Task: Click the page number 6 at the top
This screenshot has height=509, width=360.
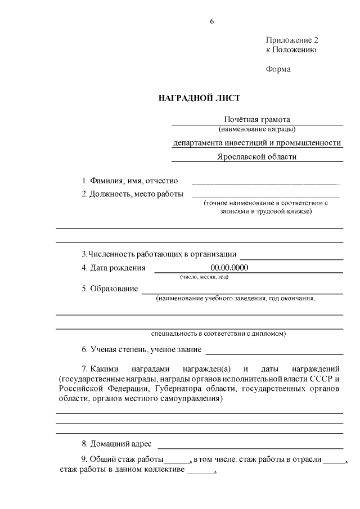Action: click(x=211, y=21)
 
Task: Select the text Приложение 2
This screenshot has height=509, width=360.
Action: click(x=292, y=40)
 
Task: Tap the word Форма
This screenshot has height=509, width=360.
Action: click(x=278, y=70)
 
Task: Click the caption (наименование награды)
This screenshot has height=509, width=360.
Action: click(x=257, y=129)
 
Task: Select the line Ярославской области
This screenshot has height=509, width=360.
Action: click(x=256, y=157)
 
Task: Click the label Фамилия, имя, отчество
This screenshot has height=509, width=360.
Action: click(x=130, y=181)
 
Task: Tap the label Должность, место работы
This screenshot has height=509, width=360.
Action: click(x=133, y=194)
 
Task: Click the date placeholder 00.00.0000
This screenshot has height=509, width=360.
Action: click(x=229, y=267)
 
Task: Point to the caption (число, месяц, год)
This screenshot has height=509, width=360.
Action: click(x=204, y=277)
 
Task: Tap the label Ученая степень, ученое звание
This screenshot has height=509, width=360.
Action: click(x=141, y=349)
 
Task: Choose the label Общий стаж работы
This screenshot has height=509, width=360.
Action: click(x=123, y=460)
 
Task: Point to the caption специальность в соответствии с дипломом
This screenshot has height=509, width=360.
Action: click(x=219, y=333)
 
